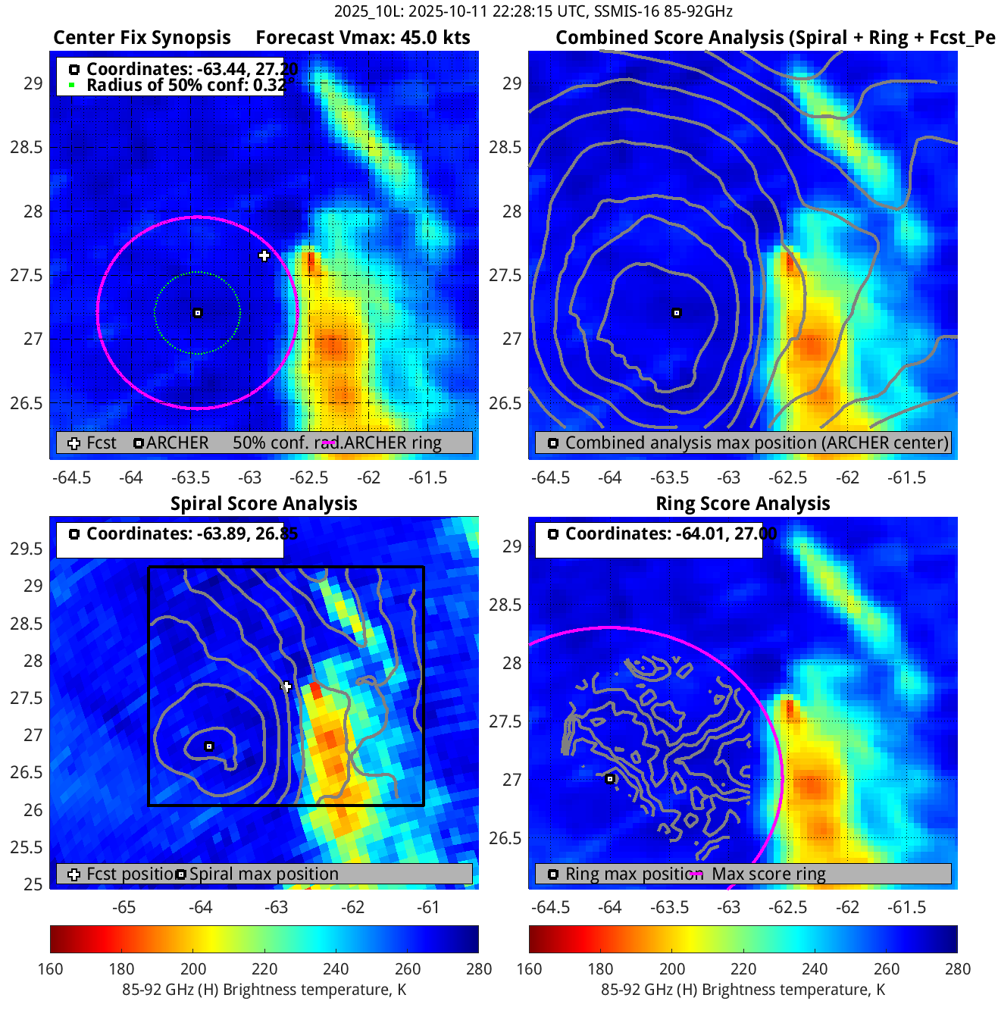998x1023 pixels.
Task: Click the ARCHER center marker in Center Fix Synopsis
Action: pyautogui.click(x=198, y=313)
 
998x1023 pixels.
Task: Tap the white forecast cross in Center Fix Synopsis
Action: pyautogui.click(x=264, y=256)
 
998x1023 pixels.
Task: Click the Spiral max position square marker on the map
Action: pyautogui.click(x=210, y=746)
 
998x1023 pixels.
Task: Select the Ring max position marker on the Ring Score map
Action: pyautogui.click(x=610, y=779)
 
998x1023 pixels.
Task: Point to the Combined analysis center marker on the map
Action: pyautogui.click(x=677, y=313)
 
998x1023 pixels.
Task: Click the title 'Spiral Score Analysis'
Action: pyautogui.click(x=264, y=504)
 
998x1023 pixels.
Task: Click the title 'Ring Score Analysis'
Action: pyautogui.click(x=743, y=504)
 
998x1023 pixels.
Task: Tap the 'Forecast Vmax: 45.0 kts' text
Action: pyautogui.click(x=363, y=38)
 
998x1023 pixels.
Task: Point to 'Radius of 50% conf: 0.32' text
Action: pyautogui.click(x=186, y=85)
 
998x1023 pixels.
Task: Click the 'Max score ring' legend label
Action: pyautogui.click(x=768, y=874)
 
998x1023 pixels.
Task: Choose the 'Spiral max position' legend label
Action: pyautogui.click(x=264, y=874)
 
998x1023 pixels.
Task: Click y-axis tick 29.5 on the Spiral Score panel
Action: pyautogui.click(x=27, y=549)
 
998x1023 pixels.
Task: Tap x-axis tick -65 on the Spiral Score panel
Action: pyautogui.click(x=124, y=908)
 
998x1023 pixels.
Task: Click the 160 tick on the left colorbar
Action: pyautogui.click(x=50, y=968)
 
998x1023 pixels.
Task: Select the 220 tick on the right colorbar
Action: pyautogui.click(x=743, y=968)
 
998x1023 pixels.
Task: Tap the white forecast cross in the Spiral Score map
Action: pyautogui.click(x=286, y=687)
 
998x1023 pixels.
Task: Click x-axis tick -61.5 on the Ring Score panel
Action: pyautogui.click(x=907, y=908)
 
